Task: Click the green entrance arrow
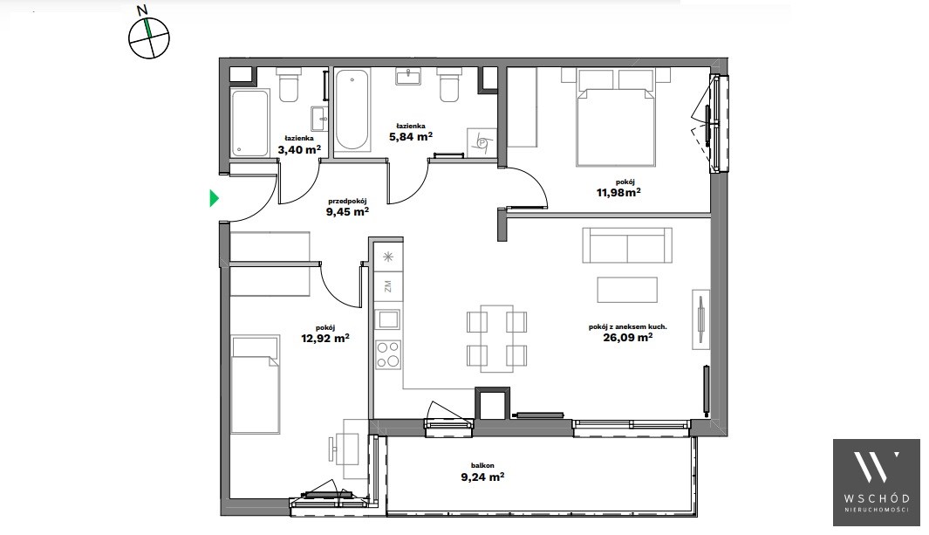tap(215, 198)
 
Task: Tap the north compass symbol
tap(148, 38)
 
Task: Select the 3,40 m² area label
tap(299, 149)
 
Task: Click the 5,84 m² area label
tap(411, 136)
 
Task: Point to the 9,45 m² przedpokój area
tap(348, 211)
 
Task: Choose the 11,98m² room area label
tap(618, 192)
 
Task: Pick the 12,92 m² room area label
tap(325, 339)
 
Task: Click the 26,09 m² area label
tap(629, 337)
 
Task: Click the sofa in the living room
tap(627, 244)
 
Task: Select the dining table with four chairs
tap(496, 339)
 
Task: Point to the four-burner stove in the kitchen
tap(389, 355)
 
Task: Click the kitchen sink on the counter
tap(389, 319)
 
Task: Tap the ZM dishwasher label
tap(388, 287)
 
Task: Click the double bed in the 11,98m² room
tap(616, 117)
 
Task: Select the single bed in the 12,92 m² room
tap(255, 385)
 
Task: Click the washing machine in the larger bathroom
tap(482, 143)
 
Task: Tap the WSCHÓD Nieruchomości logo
tap(877, 483)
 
